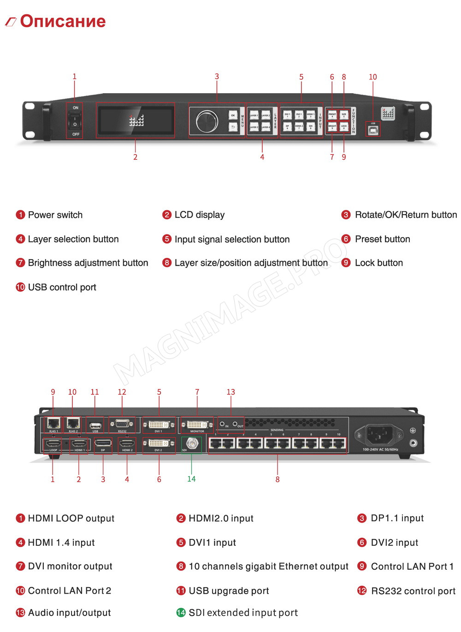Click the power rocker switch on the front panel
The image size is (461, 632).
click(75, 121)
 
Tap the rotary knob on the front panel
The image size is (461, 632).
click(207, 121)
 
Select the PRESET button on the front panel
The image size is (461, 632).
click(332, 114)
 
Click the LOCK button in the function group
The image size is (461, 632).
click(344, 126)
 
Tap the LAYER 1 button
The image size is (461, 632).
click(254, 115)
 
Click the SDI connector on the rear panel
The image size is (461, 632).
click(191, 444)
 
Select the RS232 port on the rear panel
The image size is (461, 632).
click(122, 423)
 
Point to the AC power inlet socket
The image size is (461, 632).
click(379, 435)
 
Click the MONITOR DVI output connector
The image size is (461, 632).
click(197, 424)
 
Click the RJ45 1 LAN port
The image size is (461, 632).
click(53, 423)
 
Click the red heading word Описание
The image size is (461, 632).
click(63, 21)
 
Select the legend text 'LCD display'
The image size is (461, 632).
click(200, 215)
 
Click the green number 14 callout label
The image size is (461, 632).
click(191, 479)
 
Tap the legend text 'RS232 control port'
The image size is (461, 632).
click(413, 591)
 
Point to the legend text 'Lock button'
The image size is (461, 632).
click(378, 263)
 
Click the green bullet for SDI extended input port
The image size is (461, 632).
click(181, 613)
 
